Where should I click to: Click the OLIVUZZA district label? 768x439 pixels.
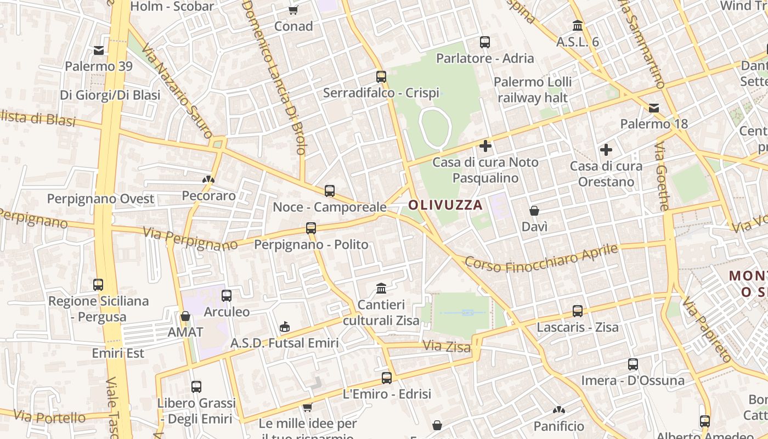445,205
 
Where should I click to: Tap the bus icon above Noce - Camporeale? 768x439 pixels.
330,191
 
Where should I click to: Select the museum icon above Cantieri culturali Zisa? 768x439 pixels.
381,288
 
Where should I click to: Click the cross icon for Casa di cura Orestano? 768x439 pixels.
606,149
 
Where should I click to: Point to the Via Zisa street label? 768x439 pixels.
447,347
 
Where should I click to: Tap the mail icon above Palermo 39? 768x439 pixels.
99,50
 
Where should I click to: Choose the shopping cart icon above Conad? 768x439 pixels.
293,10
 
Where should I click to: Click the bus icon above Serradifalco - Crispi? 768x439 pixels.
381,77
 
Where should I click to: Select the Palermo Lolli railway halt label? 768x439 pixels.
532,90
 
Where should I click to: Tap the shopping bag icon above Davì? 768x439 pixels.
534,210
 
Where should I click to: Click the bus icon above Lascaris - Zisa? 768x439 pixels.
578,311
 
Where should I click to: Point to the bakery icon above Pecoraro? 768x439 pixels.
208,179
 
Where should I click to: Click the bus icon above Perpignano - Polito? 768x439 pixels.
311,228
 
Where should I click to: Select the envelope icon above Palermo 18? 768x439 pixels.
654,108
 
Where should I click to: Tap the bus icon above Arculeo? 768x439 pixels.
227,296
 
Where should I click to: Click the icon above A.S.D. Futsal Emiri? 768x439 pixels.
285,327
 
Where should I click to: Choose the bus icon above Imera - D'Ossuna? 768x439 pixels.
633,364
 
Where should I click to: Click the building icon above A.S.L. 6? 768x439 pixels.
578,25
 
